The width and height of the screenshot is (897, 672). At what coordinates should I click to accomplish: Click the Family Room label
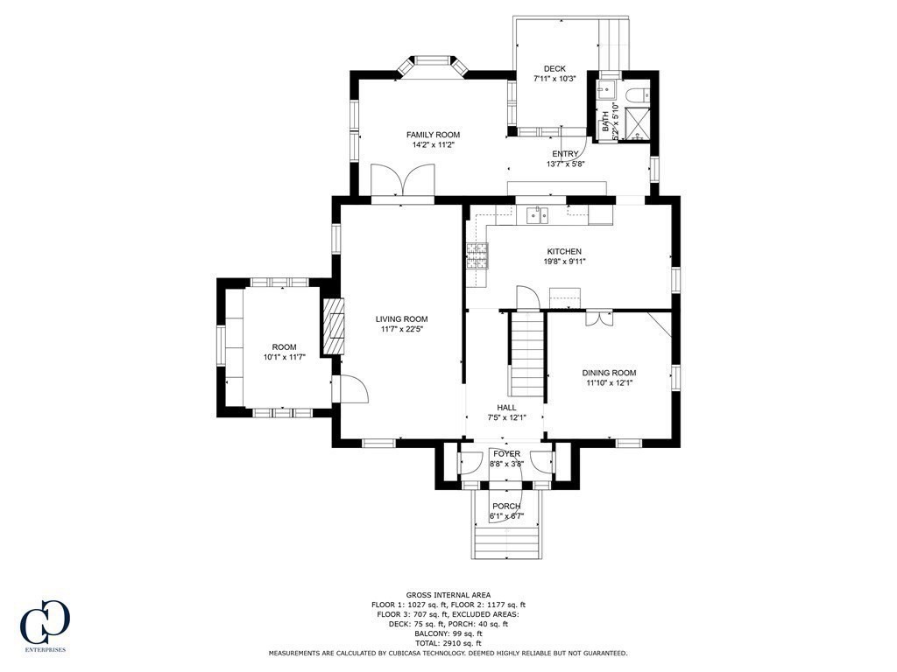coord(433,135)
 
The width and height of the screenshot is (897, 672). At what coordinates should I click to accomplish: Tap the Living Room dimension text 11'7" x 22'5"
coord(402,330)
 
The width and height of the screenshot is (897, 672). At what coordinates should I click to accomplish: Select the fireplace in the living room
coord(335,326)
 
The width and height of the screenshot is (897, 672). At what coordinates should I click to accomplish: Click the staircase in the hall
coord(526,356)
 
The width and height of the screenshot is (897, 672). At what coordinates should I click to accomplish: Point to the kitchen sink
coord(537,214)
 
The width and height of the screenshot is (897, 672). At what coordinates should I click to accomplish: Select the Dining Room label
coord(610,373)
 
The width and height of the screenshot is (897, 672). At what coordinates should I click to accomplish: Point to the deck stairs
coord(613,44)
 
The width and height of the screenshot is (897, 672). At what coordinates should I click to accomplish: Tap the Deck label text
coord(554,68)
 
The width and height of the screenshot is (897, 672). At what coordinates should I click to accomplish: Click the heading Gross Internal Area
coord(448,594)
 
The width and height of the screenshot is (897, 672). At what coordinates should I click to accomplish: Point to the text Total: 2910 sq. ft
coord(448,643)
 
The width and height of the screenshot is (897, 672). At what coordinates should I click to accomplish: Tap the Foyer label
coord(506,454)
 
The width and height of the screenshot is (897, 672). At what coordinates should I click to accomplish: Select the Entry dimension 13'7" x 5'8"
coord(565,164)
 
